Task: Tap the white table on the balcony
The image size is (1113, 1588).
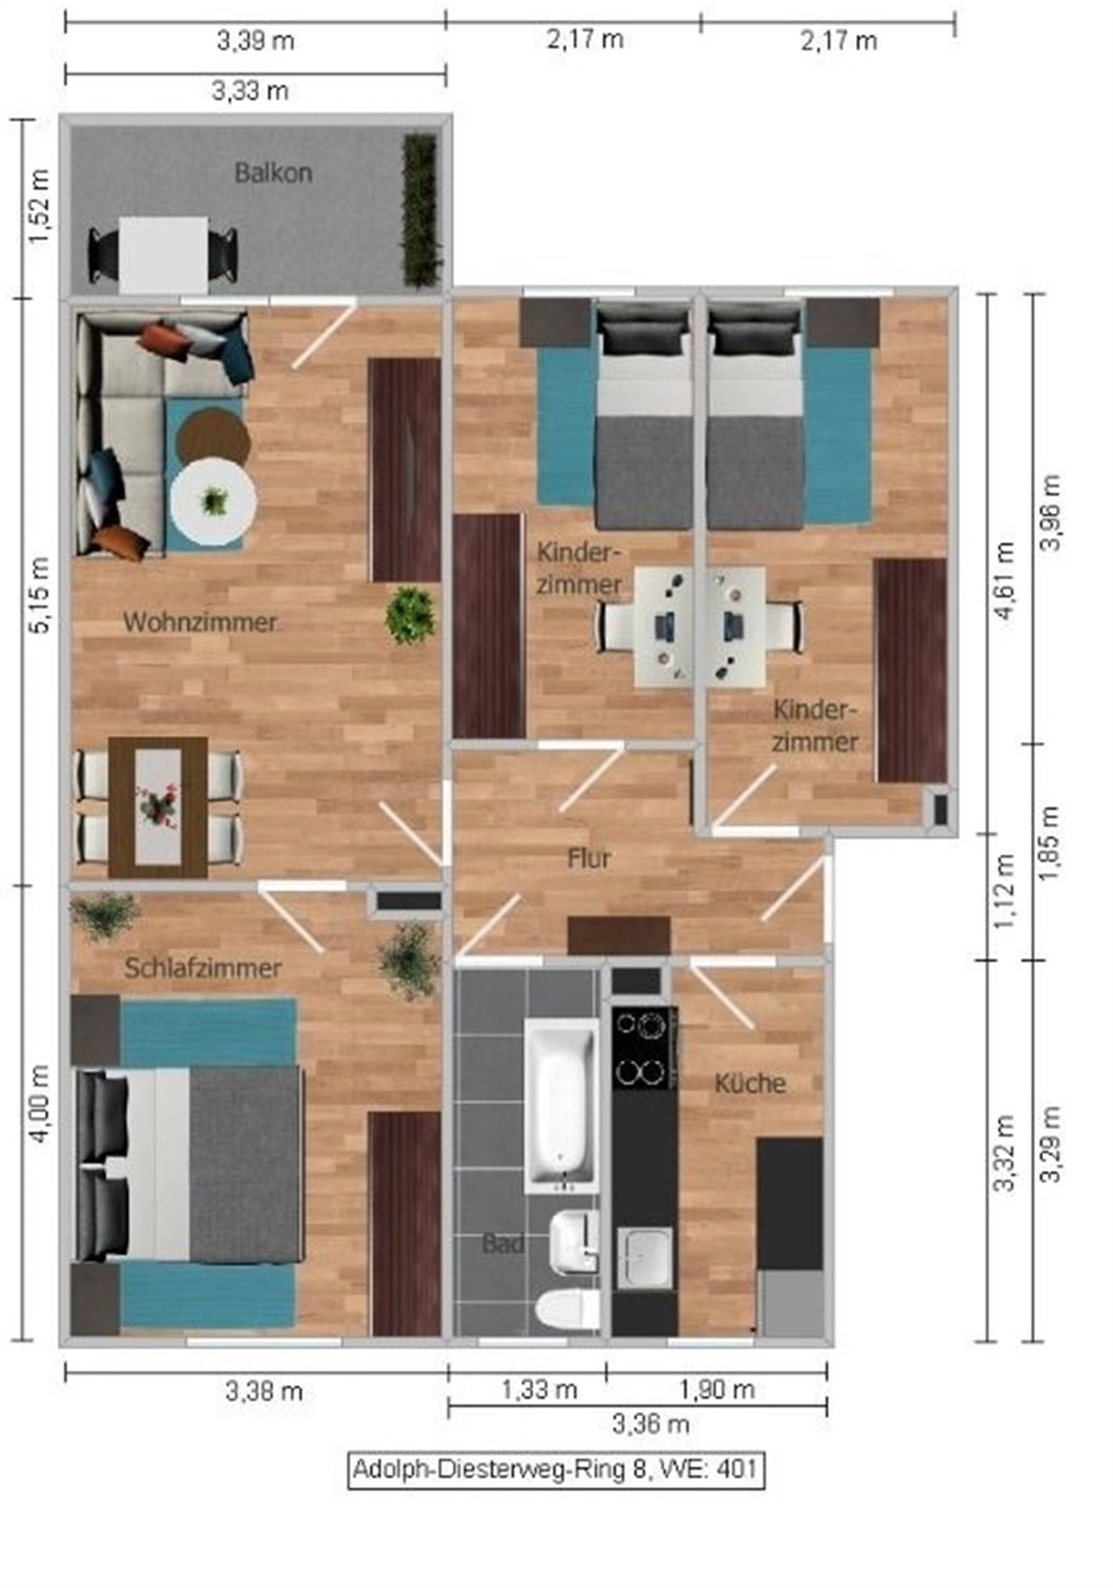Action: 164,255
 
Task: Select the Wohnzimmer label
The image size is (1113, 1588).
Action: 200,622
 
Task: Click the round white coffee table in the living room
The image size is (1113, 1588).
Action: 214,501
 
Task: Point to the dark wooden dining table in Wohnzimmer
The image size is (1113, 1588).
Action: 158,807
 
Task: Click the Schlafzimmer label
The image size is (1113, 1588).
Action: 203,968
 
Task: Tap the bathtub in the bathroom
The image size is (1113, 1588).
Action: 561,1106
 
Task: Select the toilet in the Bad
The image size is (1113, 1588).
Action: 568,1311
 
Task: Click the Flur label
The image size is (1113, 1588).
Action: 589,859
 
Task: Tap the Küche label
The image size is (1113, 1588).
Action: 750,1084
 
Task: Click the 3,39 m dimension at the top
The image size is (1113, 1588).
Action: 256,41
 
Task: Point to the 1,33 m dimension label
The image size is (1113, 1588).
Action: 539,1389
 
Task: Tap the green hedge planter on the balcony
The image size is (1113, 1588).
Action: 421,210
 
